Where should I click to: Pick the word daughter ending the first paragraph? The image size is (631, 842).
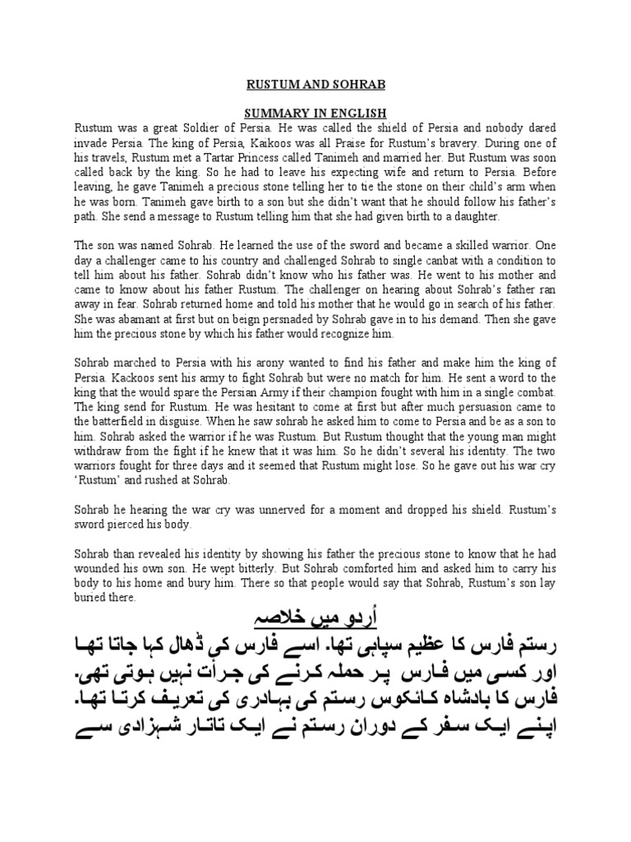coord(474,216)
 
